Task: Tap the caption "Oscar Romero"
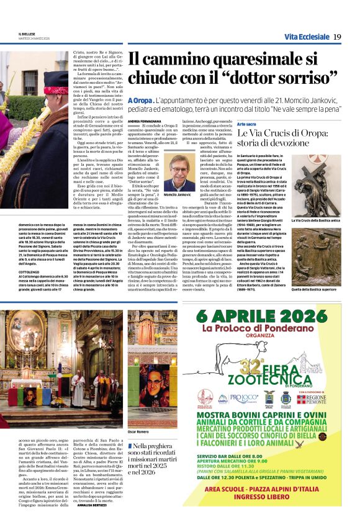pyautogui.click(x=138, y=430)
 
